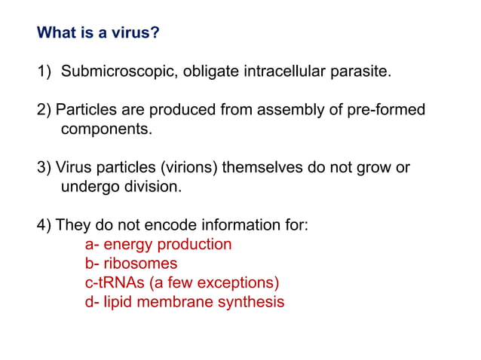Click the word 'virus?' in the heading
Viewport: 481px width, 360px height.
click(136, 34)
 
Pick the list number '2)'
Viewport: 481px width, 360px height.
click(44, 111)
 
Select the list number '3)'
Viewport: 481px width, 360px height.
click(44, 167)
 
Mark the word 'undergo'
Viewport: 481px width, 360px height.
click(90, 186)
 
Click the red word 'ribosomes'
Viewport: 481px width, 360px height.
click(140, 264)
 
